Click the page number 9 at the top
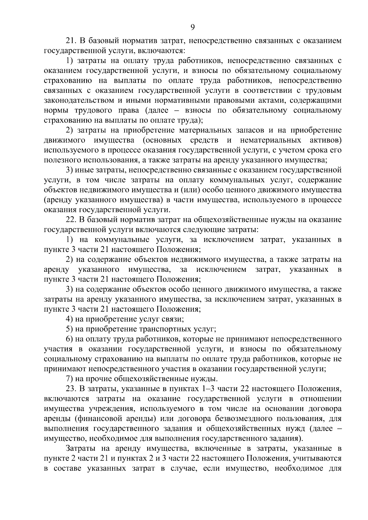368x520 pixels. click(192, 27)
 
